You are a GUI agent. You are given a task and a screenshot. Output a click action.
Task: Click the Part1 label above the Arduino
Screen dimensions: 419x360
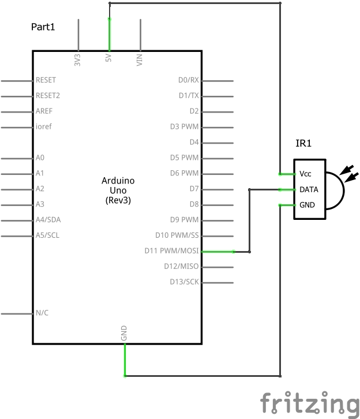(x=43, y=27)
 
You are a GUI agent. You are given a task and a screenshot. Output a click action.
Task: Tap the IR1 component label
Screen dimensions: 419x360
(x=303, y=144)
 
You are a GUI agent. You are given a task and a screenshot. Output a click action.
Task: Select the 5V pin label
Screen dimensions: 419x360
(x=108, y=59)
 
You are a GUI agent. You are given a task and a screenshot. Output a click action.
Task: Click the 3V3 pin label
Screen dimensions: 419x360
(x=77, y=59)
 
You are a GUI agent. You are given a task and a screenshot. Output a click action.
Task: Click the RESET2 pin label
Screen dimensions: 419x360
(x=48, y=96)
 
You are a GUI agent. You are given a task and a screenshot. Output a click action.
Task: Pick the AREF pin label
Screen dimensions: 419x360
(x=44, y=111)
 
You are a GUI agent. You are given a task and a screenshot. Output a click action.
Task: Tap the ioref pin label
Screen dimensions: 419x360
(x=44, y=127)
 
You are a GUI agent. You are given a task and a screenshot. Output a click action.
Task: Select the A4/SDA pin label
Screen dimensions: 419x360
(x=47, y=220)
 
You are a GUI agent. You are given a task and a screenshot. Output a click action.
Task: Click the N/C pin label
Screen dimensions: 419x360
(x=42, y=313)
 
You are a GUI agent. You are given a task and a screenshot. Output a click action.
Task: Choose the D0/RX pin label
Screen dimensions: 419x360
(x=188, y=80)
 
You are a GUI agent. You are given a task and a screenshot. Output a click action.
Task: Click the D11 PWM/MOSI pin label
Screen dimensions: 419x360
(x=171, y=251)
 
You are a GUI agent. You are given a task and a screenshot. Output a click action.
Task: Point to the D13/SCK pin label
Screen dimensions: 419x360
(x=184, y=282)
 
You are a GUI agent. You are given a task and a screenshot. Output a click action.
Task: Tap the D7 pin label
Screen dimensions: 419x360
(x=194, y=189)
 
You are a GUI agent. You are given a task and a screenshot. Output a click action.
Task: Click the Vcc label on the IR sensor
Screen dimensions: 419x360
(x=305, y=174)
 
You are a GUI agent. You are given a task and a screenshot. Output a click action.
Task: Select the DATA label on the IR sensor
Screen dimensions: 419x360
(x=309, y=189)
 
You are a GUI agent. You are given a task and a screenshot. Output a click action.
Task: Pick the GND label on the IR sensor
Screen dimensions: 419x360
(x=307, y=205)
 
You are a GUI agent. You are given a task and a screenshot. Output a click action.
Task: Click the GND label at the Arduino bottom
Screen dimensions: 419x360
(x=124, y=333)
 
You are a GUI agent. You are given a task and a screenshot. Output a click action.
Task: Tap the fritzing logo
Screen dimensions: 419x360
(x=309, y=403)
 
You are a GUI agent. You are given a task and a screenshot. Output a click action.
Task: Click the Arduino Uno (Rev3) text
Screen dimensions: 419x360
(x=118, y=190)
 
